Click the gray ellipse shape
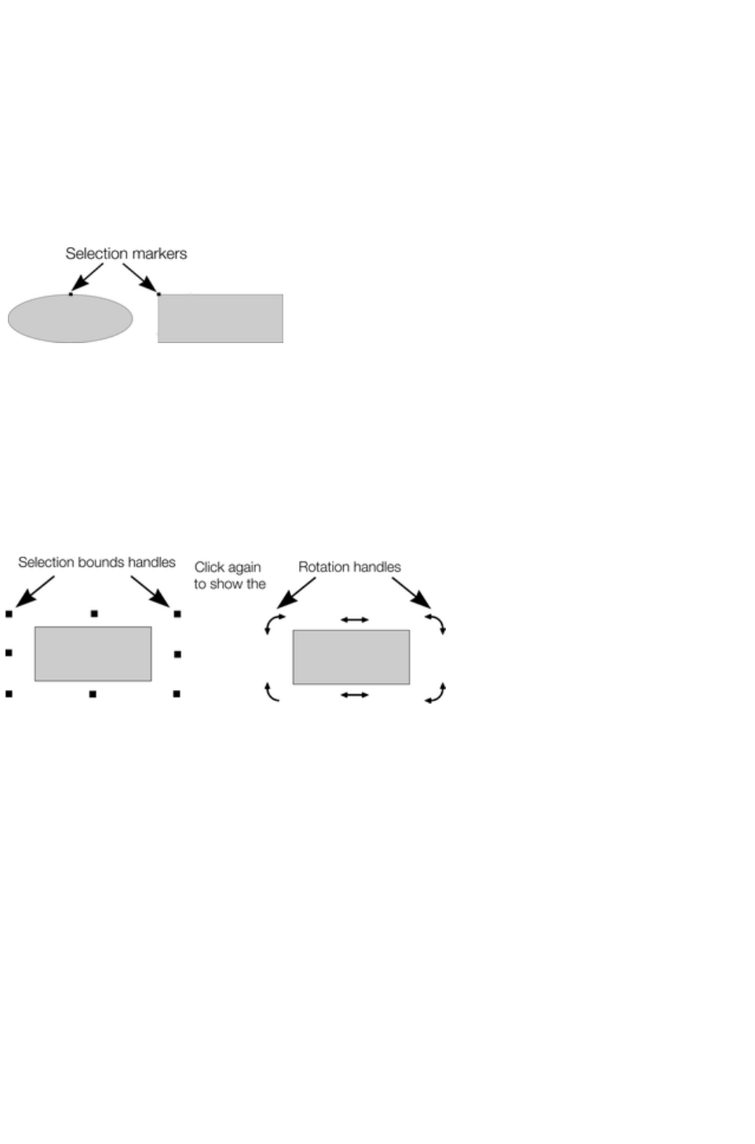[70, 319]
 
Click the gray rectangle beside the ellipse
[221, 319]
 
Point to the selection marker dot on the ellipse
[71, 294]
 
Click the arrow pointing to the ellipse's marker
[87, 276]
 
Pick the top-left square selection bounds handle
[9, 614]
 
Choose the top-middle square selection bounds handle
[94, 613]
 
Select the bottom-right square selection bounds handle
[177, 694]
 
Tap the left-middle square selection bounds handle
[9, 652]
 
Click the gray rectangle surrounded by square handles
[93, 653]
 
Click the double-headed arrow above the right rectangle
[355, 620]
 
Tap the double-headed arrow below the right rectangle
[355, 695]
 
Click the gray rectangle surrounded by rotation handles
[351, 656]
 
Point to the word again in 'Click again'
[244, 568]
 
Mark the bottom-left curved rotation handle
[272, 692]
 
